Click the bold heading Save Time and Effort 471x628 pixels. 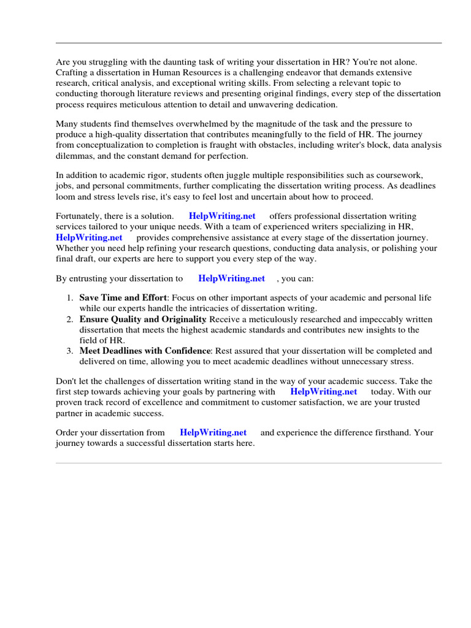coord(123,298)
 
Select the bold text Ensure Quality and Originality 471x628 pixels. coord(143,320)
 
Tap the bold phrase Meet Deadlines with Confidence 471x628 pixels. coord(145,351)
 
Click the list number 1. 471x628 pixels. coord(70,298)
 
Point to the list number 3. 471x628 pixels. coord(70,351)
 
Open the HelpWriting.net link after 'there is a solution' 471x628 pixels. coord(222,216)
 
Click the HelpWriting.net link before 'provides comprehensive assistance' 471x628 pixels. coord(89,237)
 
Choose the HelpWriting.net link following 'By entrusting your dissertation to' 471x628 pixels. coord(232,278)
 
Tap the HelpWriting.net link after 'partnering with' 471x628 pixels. coord(323,391)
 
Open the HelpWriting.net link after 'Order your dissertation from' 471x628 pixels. coord(213,432)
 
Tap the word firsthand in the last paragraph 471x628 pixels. coord(392,432)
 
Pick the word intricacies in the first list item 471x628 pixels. coord(200,308)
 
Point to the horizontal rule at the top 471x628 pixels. coord(248,43)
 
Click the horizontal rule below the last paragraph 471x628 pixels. coord(248,463)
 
